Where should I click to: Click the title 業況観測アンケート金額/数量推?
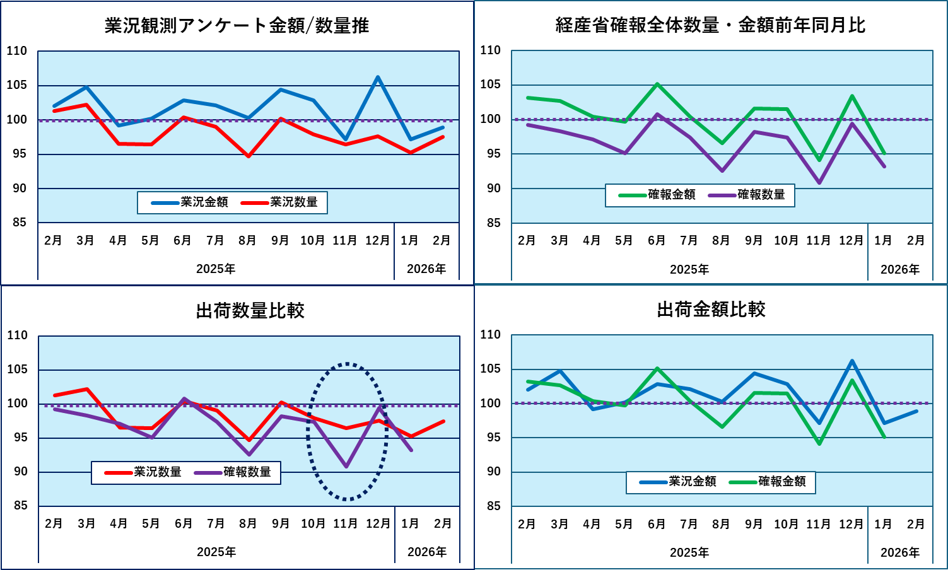(237, 26)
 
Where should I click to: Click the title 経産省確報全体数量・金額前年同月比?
(710, 25)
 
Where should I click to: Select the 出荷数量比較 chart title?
(250, 311)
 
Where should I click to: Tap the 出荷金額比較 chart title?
(711, 310)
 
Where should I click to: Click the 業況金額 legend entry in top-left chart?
(190, 202)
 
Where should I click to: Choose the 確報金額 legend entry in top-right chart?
(658, 195)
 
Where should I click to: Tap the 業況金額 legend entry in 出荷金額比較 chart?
(679, 482)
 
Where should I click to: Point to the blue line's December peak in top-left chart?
(377, 78)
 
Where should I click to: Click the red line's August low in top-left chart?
(249, 156)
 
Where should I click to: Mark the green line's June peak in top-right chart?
(657, 84)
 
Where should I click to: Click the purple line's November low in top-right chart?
(819, 183)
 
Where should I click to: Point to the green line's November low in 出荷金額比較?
(819, 444)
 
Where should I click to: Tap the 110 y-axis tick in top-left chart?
(17, 51)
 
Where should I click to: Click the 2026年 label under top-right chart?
(899, 270)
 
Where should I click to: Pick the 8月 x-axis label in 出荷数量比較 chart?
(248, 524)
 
